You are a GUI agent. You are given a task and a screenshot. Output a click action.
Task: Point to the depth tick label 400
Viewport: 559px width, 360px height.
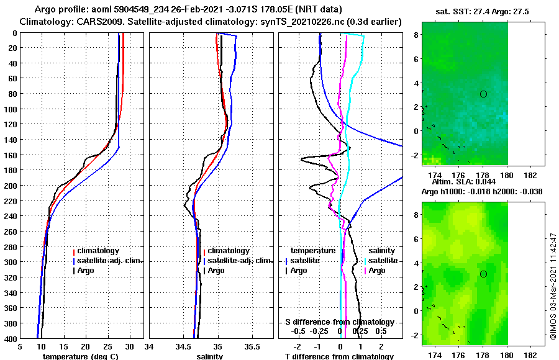[11, 338]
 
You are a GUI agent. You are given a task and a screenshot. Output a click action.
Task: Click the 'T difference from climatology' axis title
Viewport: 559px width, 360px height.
[339, 356]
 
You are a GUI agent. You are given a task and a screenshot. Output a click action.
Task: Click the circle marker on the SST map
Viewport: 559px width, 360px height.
[483, 94]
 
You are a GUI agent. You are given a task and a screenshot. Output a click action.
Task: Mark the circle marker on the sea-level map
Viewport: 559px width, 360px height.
[483, 274]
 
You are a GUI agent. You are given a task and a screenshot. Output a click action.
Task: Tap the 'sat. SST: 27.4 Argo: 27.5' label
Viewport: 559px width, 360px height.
[481, 12]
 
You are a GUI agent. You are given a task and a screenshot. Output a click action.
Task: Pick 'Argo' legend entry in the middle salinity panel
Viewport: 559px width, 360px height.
[216, 271]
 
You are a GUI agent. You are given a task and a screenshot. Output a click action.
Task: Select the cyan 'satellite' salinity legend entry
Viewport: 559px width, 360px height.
[382, 261]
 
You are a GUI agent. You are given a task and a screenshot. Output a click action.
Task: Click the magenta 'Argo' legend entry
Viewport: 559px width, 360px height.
[376, 271]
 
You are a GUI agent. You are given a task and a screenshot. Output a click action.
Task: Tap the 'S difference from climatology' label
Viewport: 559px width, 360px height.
[339, 322]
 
